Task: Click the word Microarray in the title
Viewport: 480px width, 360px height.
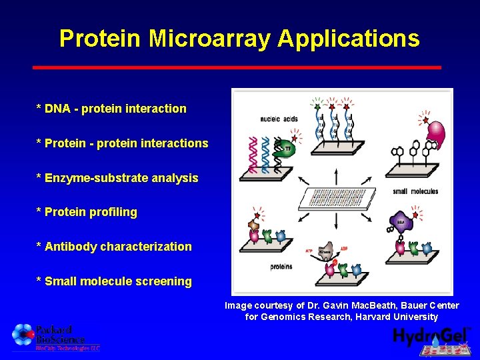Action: tap(210, 38)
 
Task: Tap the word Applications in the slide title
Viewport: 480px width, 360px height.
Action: tap(349, 38)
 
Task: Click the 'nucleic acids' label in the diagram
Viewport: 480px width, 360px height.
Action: tap(279, 119)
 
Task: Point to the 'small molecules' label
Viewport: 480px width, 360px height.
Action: tap(415, 191)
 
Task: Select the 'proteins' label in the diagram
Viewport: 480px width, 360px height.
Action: tap(281, 267)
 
